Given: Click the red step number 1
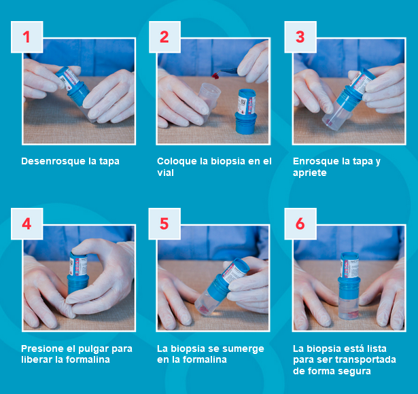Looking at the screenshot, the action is pyautogui.click(x=26, y=37).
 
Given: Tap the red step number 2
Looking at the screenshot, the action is pyautogui.click(x=164, y=37).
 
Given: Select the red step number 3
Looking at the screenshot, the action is pyautogui.click(x=300, y=37).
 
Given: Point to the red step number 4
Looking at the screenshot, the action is pyautogui.click(x=27, y=223).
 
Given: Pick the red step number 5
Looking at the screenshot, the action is pyautogui.click(x=164, y=223).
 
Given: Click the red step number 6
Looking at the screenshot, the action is pyautogui.click(x=300, y=223).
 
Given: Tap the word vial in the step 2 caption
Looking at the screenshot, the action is pyautogui.click(x=165, y=173).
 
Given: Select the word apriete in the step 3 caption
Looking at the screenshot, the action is pyautogui.click(x=310, y=173).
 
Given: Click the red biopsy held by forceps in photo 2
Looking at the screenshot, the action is pyautogui.click(x=215, y=77).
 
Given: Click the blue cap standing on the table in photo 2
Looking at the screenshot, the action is pyautogui.click(x=246, y=111).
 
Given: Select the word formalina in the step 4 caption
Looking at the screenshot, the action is pyautogui.click(x=88, y=360).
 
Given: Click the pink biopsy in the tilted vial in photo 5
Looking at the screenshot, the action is pyautogui.click(x=205, y=310).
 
